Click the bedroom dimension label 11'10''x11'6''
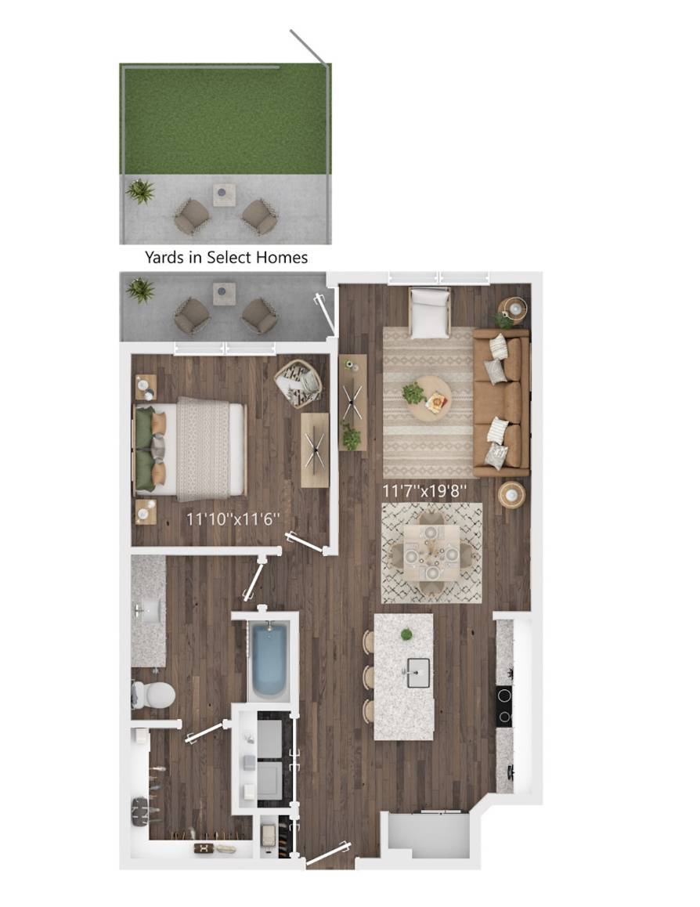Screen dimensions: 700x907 tap(233, 519)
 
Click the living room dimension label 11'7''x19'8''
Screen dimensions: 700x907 tap(424, 492)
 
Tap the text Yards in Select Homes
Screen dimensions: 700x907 tap(226, 258)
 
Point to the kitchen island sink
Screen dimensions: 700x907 tap(417, 672)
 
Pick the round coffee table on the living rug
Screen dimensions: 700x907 tap(430, 399)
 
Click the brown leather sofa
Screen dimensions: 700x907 tap(501, 403)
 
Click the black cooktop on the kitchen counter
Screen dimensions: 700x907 tap(504, 706)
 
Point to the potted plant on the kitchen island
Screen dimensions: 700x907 tap(407, 634)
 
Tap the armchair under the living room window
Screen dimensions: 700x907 tap(429, 313)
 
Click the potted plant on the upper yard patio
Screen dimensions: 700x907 tap(141, 191)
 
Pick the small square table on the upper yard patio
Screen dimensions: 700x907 tap(224, 195)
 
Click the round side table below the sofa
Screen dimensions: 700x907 tap(512, 494)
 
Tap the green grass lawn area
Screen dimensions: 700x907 tap(226, 120)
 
